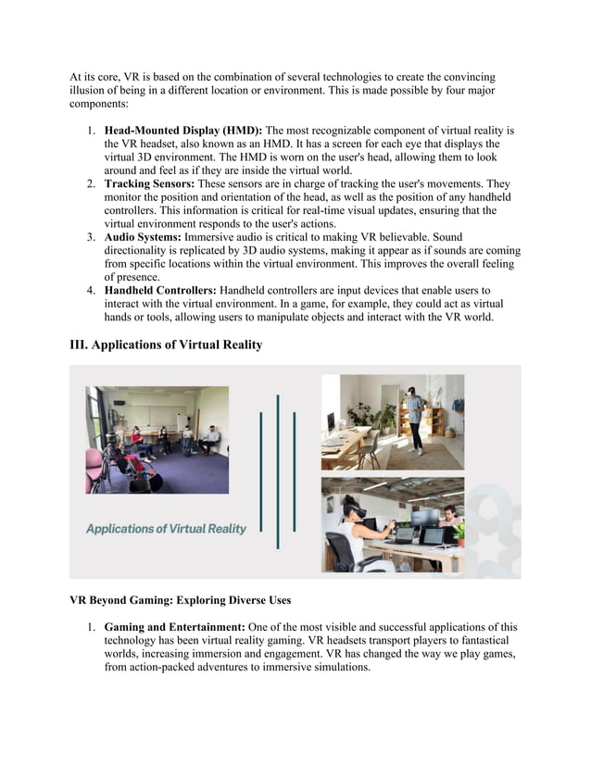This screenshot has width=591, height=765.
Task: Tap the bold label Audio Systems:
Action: (x=148, y=237)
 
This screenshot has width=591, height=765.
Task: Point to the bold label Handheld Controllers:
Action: (x=160, y=290)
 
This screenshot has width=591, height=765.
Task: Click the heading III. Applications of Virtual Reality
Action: (x=166, y=345)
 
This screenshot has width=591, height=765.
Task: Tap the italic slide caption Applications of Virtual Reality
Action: (x=166, y=529)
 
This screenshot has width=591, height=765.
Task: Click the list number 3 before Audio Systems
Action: (x=92, y=237)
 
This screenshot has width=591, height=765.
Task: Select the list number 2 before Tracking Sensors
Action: (x=92, y=184)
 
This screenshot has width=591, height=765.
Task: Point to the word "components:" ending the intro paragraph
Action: (x=101, y=104)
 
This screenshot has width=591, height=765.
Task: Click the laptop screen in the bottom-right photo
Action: (x=405, y=533)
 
